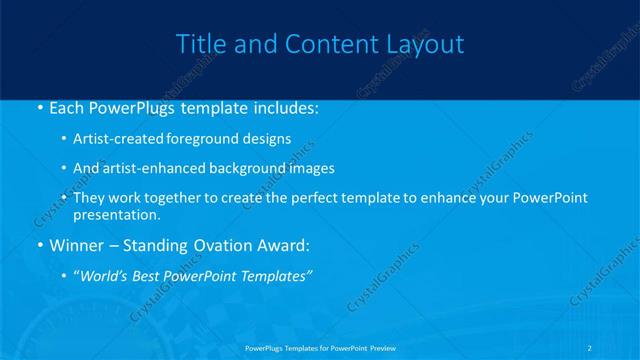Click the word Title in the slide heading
(x=199, y=45)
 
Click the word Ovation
(x=229, y=244)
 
